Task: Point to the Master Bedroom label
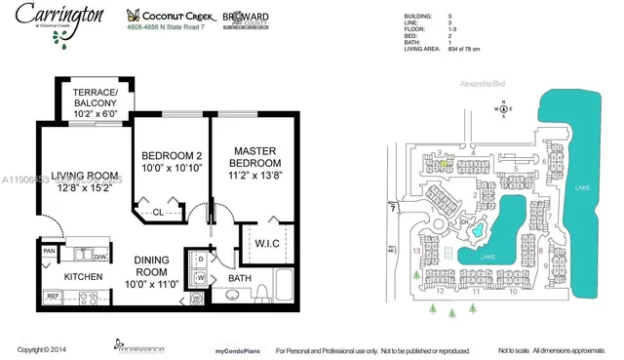tap(256, 156)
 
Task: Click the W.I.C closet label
tap(268, 243)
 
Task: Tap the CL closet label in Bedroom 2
tap(157, 212)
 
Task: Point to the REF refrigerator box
tap(54, 297)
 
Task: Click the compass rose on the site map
tap(503, 108)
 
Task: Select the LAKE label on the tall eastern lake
tap(582, 187)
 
